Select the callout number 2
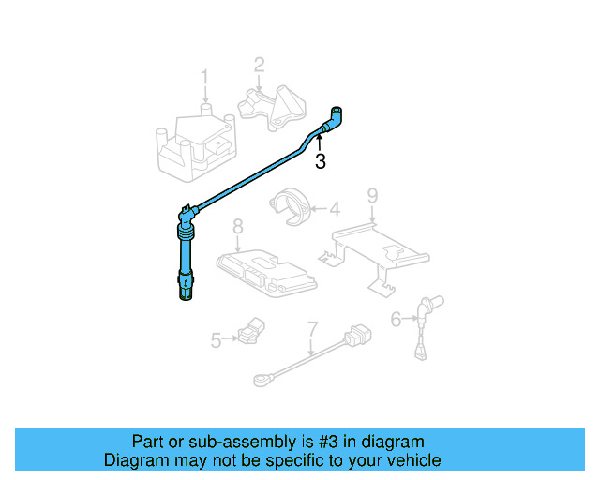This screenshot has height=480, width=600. pyautogui.click(x=259, y=65)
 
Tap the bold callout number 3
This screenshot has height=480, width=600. pyautogui.click(x=321, y=161)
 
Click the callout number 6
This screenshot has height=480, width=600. pyautogui.click(x=396, y=320)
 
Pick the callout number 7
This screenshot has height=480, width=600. pyautogui.click(x=312, y=329)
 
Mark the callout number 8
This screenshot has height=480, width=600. pyautogui.click(x=238, y=226)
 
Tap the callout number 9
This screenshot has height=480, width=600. pyautogui.click(x=372, y=196)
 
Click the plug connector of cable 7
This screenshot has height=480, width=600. pyautogui.click(x=357, y=336)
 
